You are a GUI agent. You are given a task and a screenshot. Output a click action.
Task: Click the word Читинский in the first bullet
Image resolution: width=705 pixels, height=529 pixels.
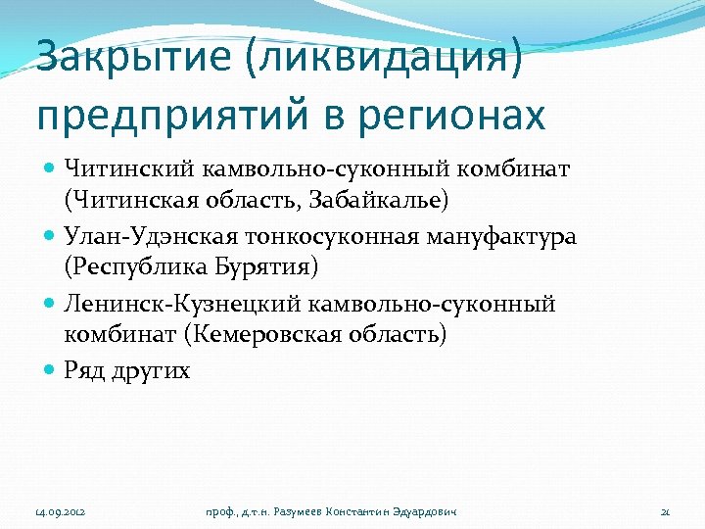click(x=117, y=171)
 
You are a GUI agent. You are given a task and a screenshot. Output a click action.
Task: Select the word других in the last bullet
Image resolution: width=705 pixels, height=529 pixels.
click(x=152, y=370)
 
